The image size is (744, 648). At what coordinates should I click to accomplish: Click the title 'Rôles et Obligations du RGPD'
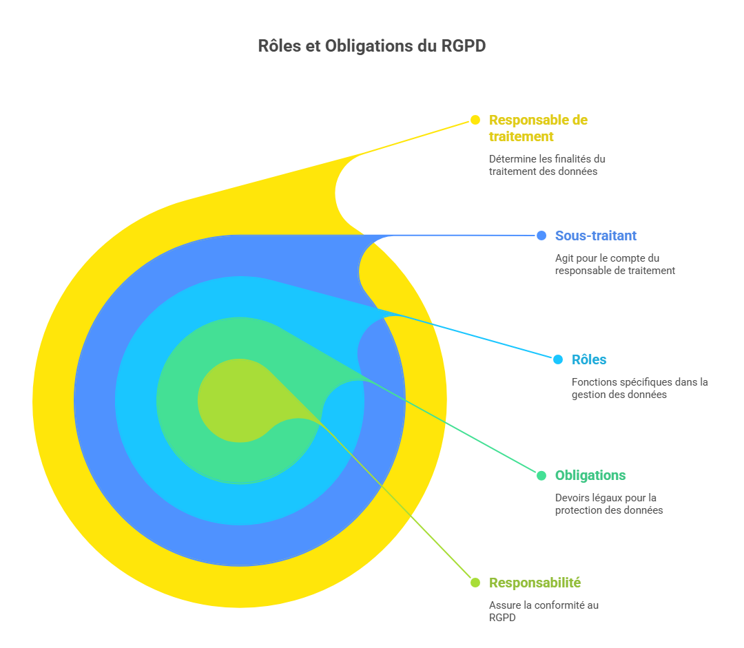tap(372, 46)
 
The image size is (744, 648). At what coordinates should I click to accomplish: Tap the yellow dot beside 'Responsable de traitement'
tap(475, 120)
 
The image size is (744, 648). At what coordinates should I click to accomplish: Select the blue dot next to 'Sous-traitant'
tap(541, 236)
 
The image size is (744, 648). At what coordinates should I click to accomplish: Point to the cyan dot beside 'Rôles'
tap(558, 359)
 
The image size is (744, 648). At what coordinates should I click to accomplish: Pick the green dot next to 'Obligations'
tap(541, 475)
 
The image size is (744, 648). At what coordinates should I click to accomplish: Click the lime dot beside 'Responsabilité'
tap(475, 583)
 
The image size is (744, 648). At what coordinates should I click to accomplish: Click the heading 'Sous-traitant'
tap(596, 236)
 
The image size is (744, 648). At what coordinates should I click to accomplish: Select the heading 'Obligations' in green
tap(590, 475)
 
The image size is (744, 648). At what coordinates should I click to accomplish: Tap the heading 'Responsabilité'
tap(535, 583)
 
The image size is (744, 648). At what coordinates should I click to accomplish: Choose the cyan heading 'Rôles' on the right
tap(589, 359)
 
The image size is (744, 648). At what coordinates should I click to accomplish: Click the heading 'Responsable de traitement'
tap(538, 128)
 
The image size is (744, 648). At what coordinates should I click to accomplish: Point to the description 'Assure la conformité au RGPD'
tap(544, 612)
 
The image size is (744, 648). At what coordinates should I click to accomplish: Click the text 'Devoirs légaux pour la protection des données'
tap(608, 504)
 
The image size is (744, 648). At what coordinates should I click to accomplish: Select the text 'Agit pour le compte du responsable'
tap(614, 264)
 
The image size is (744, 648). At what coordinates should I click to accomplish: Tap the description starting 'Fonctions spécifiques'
tap(639, 388)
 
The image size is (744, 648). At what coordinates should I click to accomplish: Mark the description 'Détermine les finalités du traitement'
tap(547, 165)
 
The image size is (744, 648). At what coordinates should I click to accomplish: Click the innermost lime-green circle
tap(231, 399)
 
